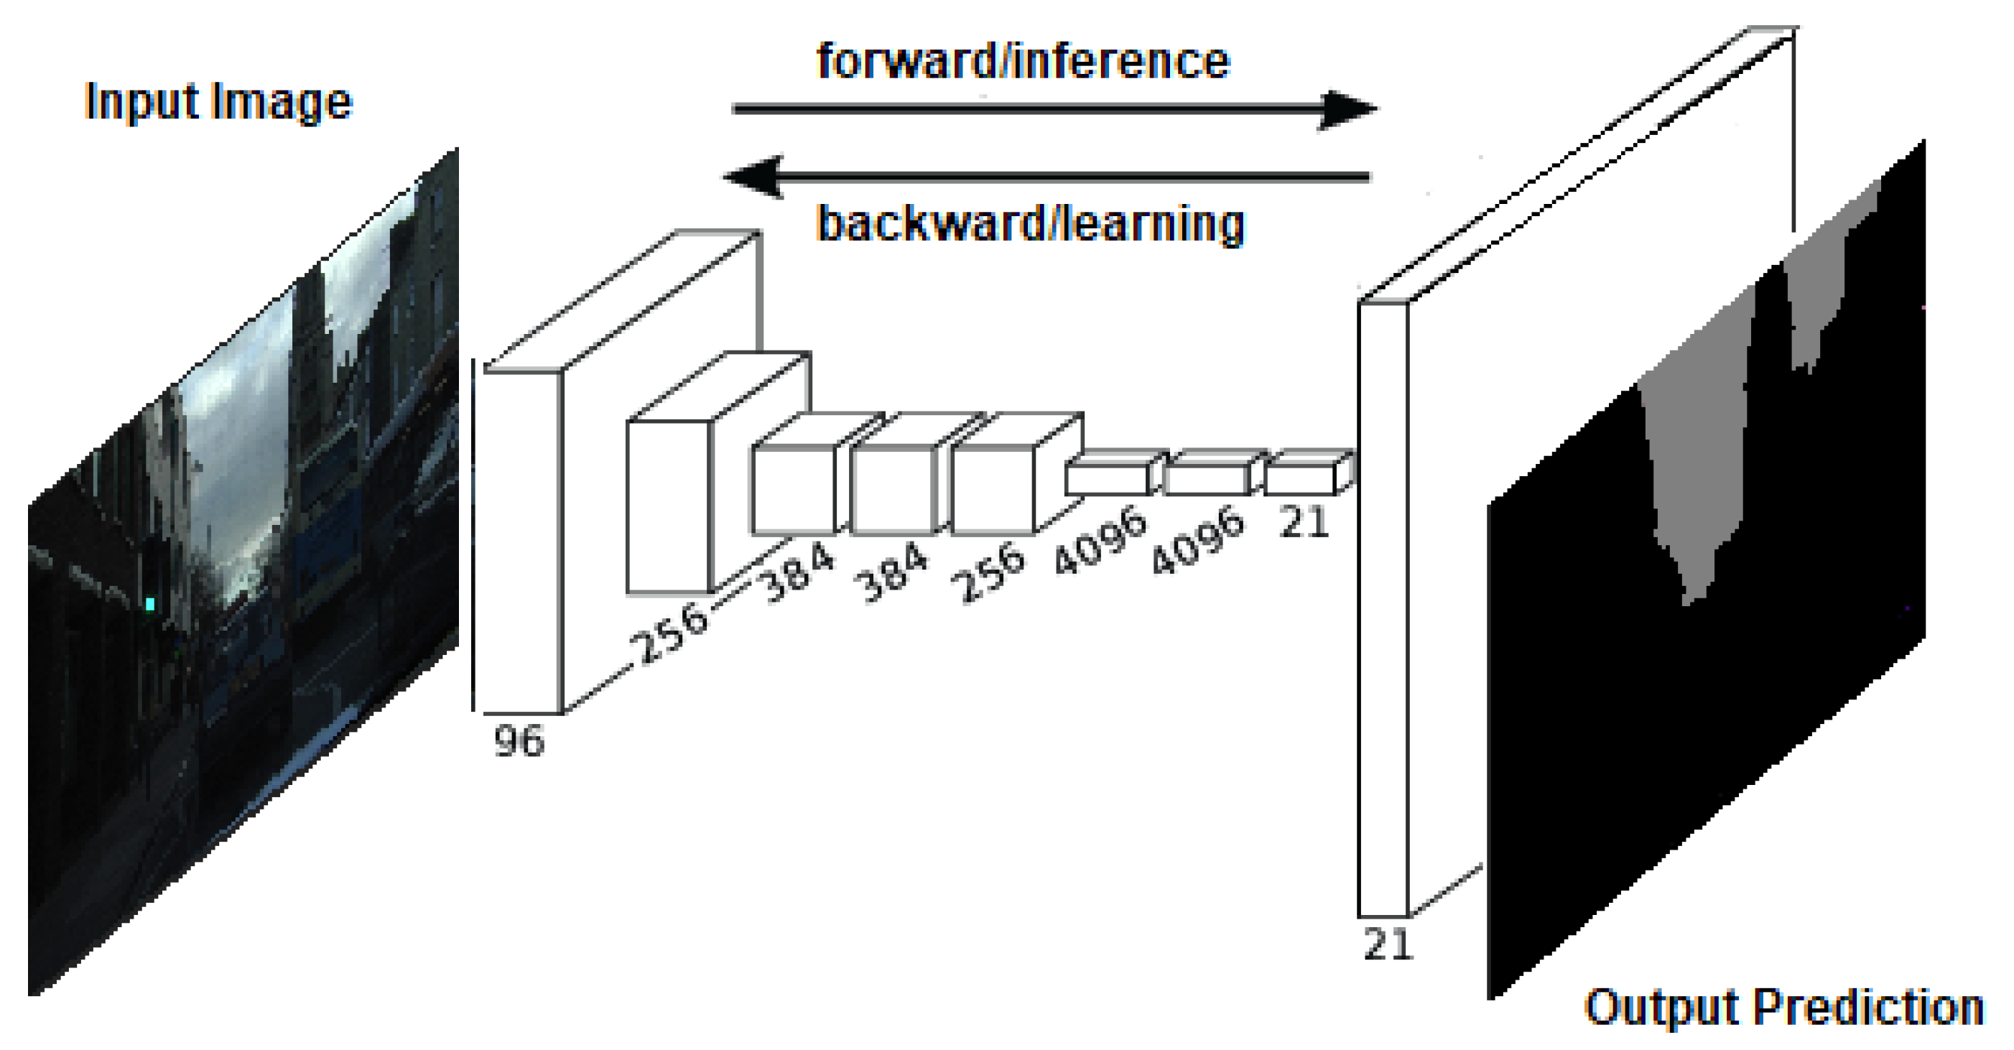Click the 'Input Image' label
pyautogui.click(x=218, y=102)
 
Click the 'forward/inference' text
pyautogui.click(x=1023, y=60)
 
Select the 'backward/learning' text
pyautogui.click(x=1030, y=223)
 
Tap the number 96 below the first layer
pyautogui.click(x=519, y=740)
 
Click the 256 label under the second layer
pyautogui.click(x=670, y=633)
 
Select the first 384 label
pyautogui.click(x=797, y=573)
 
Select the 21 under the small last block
pyautogui.click(x=1304, y=521)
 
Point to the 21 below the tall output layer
pyautogui.click(x=1387, y=944)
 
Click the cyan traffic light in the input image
pyautogui.click(x=149, y=603)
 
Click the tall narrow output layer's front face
pyautogui.click(x=1383, y=610)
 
